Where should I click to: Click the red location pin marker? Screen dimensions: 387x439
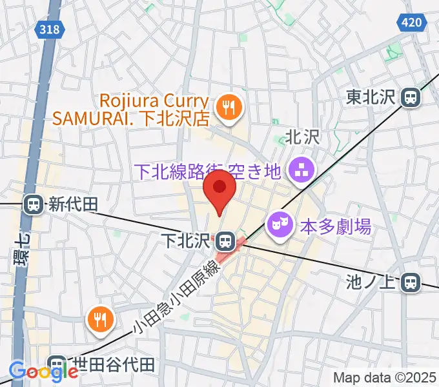[x=219, y=188]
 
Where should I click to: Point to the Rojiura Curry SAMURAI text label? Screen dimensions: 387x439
[x=156, y=110]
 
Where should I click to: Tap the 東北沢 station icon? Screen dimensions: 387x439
[x=410, y=97]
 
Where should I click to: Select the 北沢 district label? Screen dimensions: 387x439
[x=303, y=137]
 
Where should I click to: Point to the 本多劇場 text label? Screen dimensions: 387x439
[x=336, y=226]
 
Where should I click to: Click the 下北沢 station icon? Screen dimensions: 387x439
[x=225, y=242]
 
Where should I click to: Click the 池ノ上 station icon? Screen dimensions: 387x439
[x=409, y=282]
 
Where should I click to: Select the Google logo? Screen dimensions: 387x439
[x=43, y=372]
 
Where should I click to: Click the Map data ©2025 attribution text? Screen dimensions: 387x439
[x=385, y=377]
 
